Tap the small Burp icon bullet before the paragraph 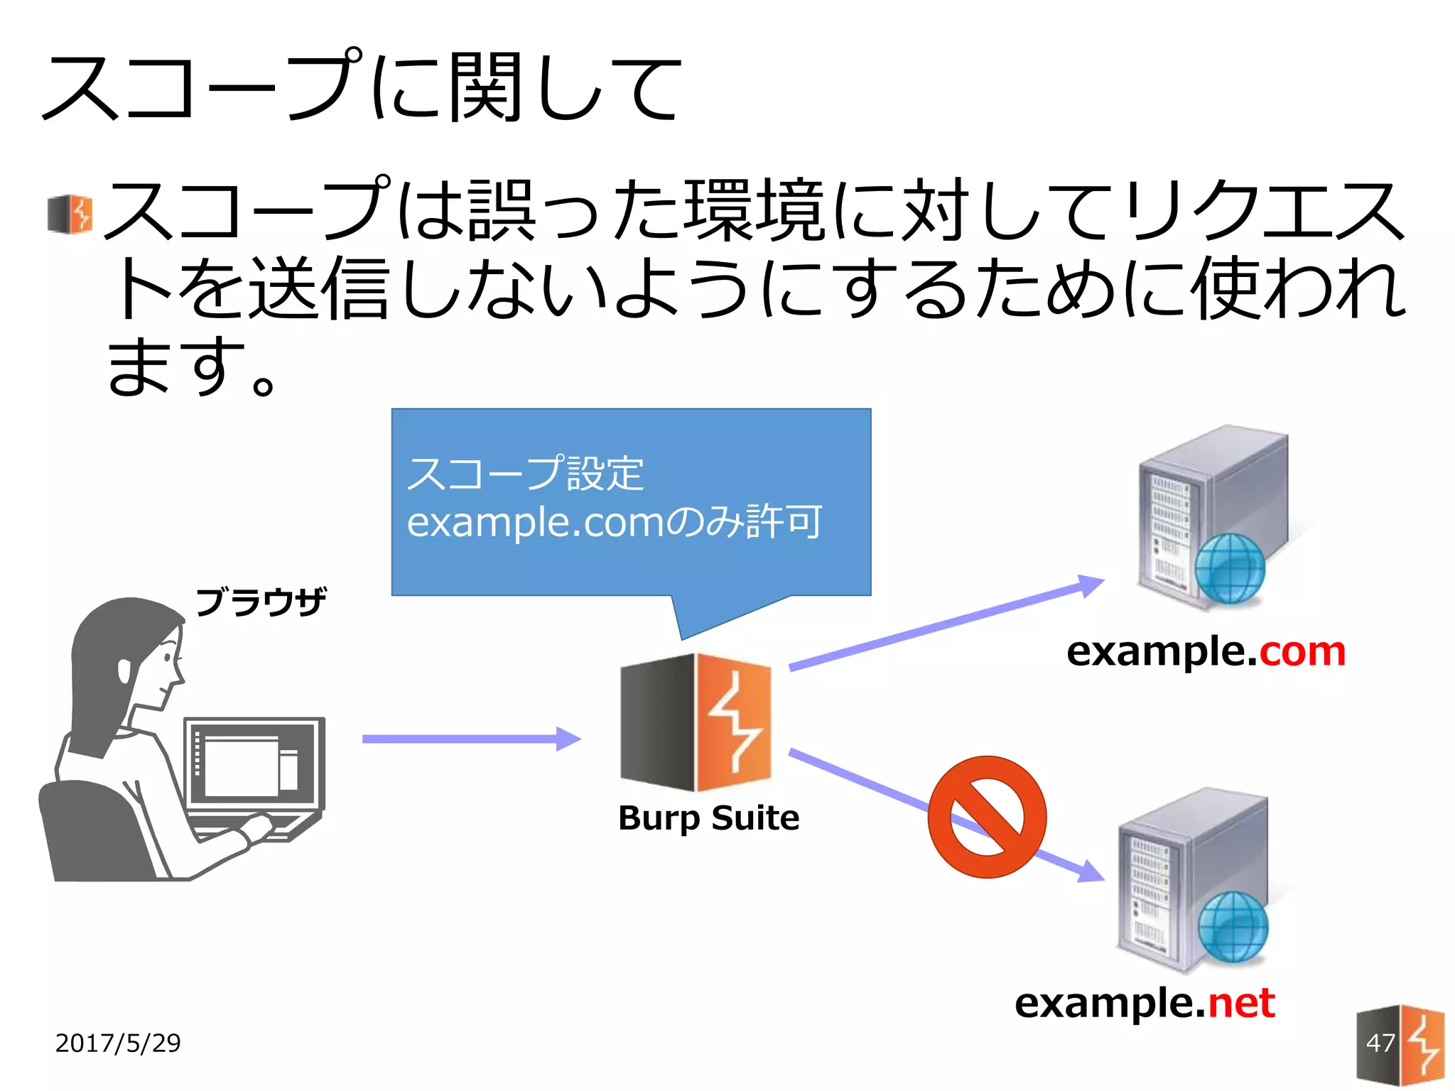[x=70, y=214]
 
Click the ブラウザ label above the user [x=261, y=602]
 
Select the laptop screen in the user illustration [x=254, y=764]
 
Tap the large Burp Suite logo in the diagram [x=696, y=722]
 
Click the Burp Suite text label [x=708, y=818]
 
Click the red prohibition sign [x=987, y=817]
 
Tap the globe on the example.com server [x=1230, y=568]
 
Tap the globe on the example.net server [x=1233, y=927]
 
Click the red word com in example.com [x=1302, y=651]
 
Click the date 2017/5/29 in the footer [x=118, y=1043]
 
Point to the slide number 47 [x=1380, y=1043]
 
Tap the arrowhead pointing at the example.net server [x=1091, y=872]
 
